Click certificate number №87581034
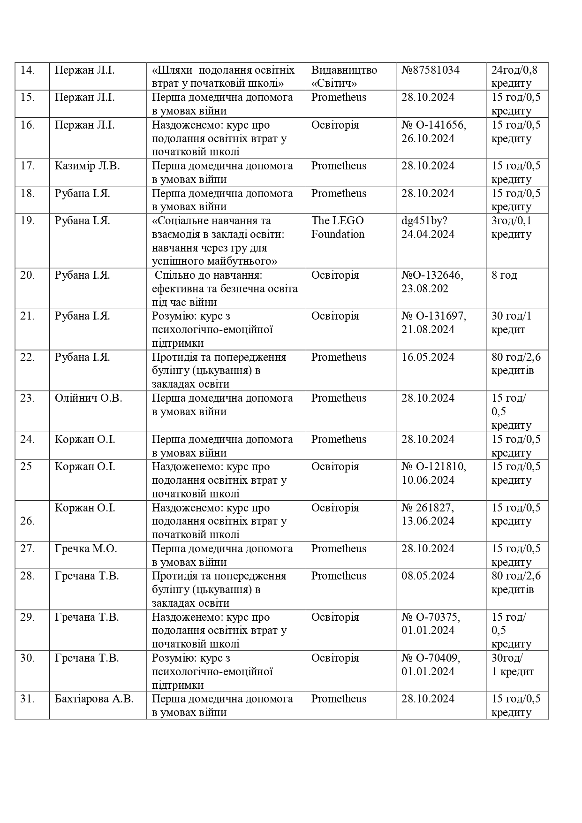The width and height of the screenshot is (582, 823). click(x=430, y=70)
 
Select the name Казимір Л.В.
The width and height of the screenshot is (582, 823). click(x=87, y=166)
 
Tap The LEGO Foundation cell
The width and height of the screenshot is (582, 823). click(x=338, y=228)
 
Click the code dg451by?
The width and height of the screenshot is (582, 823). click(x=424, y=221)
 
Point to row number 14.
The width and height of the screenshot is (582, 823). click(x=28, y=70)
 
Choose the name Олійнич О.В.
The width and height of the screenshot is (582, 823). click(x=88, y=398)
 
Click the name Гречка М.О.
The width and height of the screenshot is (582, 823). click(x=86, y=549)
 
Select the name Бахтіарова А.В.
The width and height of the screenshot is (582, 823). click(x=94, y=699)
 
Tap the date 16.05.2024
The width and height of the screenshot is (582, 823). click(x=428, y=358)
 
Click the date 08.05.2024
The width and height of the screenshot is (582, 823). click(x=428, y=576)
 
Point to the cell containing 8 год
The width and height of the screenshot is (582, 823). click(x=504, y=275)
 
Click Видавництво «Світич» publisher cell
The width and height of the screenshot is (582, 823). click(x=344, y=76)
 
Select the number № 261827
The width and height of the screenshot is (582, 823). click(x=428, y=508)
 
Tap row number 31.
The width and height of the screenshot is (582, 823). click(x=28, y=699)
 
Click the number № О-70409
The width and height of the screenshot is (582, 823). click(x=431, y=658)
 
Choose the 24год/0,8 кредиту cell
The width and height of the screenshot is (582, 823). click(x=514, y=76)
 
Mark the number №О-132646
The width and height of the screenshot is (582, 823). click(x=432, y=275)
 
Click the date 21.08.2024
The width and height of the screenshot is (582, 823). click(x=428, y=330)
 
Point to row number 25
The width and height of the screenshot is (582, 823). click(x=26, y=467)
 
